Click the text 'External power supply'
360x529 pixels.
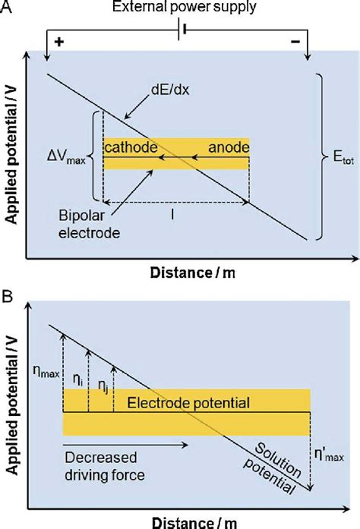coord(181,8)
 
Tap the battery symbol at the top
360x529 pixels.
coord(179,33)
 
